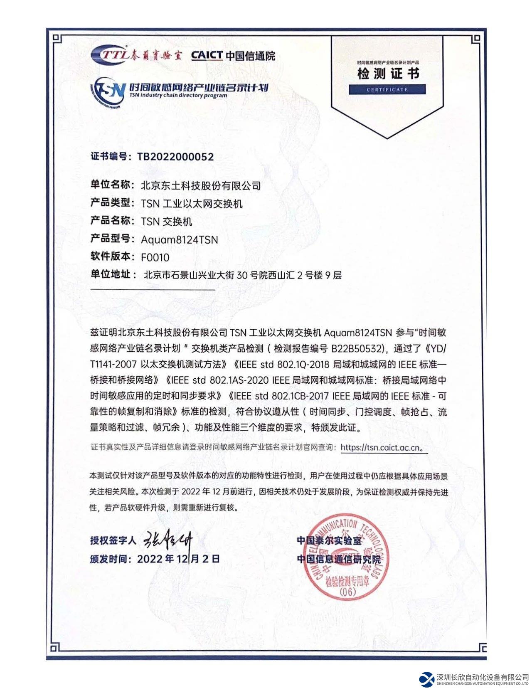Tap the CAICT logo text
[207, 55]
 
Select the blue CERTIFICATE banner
[387, 89]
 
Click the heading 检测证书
[388, 74]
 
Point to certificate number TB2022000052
[175, 157]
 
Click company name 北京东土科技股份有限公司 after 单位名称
[201, 185]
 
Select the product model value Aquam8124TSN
[180, 239]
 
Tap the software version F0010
[155, 257]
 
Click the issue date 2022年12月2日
[178, 559]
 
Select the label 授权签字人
[113, 540]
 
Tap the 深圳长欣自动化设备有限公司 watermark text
[482, 678]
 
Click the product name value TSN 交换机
[167, 222]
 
